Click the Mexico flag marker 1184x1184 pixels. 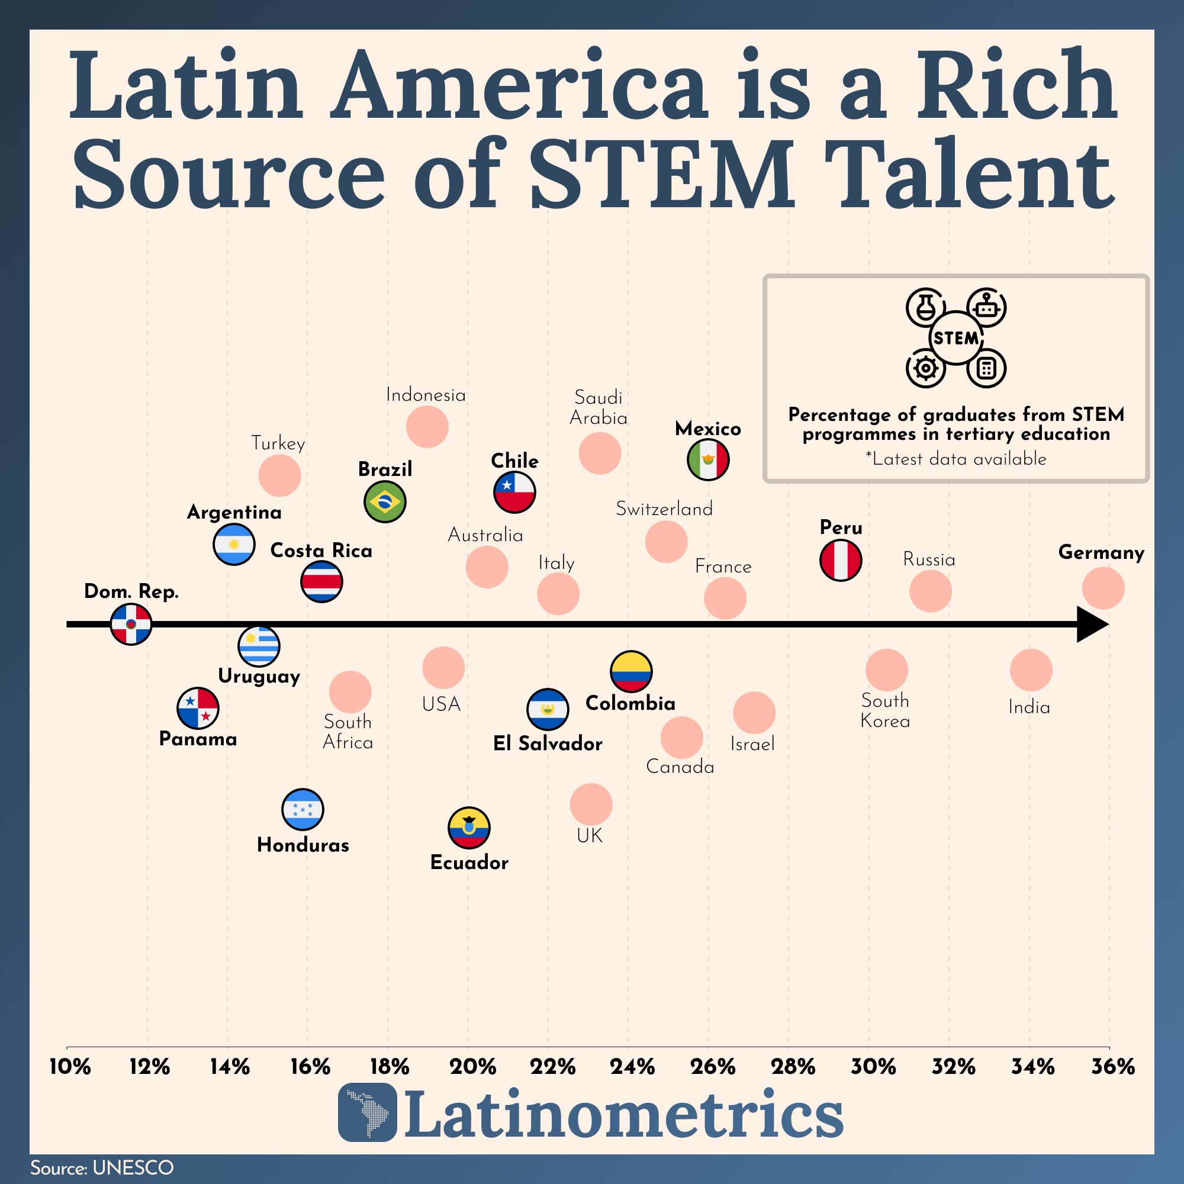[x=708, y=459]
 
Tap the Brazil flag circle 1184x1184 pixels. [x=385, y=501]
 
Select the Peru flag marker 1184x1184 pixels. [x=841, y=559]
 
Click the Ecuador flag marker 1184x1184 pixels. [x=469, y=828]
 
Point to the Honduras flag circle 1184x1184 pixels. [x=303, y=809]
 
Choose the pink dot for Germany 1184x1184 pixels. [x=1103, y=588]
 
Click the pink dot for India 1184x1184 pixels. [x=1031, y=671]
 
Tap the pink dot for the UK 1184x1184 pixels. [x=591, y=804]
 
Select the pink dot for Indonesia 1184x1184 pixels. [x=427, y=426]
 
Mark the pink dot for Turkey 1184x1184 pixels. [x=279, y=475]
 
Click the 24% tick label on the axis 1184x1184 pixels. [x=632, y=1067]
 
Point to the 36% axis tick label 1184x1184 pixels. [x=1113, y=1067]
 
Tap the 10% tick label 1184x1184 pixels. [x=70, y=1067]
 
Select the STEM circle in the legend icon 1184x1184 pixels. [x=955, y=337]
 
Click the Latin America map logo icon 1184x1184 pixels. [x=367, y=1112]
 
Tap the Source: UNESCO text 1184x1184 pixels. [x=102, y=1167]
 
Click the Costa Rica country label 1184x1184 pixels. [x=321, y=551]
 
